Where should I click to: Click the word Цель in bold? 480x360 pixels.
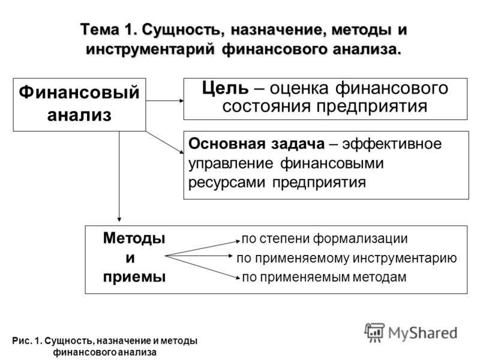click(x=225, y=88)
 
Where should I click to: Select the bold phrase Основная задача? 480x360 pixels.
click(x=257, y=143)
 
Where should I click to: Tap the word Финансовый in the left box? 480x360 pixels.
click(x=79, y=92)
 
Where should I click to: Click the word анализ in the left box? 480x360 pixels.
click(x=79, y=115)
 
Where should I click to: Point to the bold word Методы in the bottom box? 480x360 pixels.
click(x=134, y=238)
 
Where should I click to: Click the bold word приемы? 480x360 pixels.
click(x=134, y=277)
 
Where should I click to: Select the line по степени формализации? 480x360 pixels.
click(x=325, y=239)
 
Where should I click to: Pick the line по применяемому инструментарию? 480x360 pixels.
click(x=347, y=258)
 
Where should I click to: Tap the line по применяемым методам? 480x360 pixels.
click(x=324, y=277)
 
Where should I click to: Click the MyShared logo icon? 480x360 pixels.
click(x=374, y=332)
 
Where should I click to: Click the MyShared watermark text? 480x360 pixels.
click(x=423, y=333)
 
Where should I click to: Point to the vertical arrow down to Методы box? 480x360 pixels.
click(x=119, y=176)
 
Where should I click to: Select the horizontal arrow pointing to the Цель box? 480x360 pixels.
click(x=164, y=100)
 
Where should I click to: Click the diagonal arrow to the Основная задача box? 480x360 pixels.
click(x=164, y=142)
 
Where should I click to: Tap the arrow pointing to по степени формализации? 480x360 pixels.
click(x=203, y=248)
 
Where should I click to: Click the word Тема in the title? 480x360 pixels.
click(x=100, y=30)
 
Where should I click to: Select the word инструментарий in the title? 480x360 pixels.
click(x=150, y=49)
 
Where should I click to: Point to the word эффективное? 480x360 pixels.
click(x=392, y=144)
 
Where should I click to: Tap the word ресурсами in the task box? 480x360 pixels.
click(x=227, y=183)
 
